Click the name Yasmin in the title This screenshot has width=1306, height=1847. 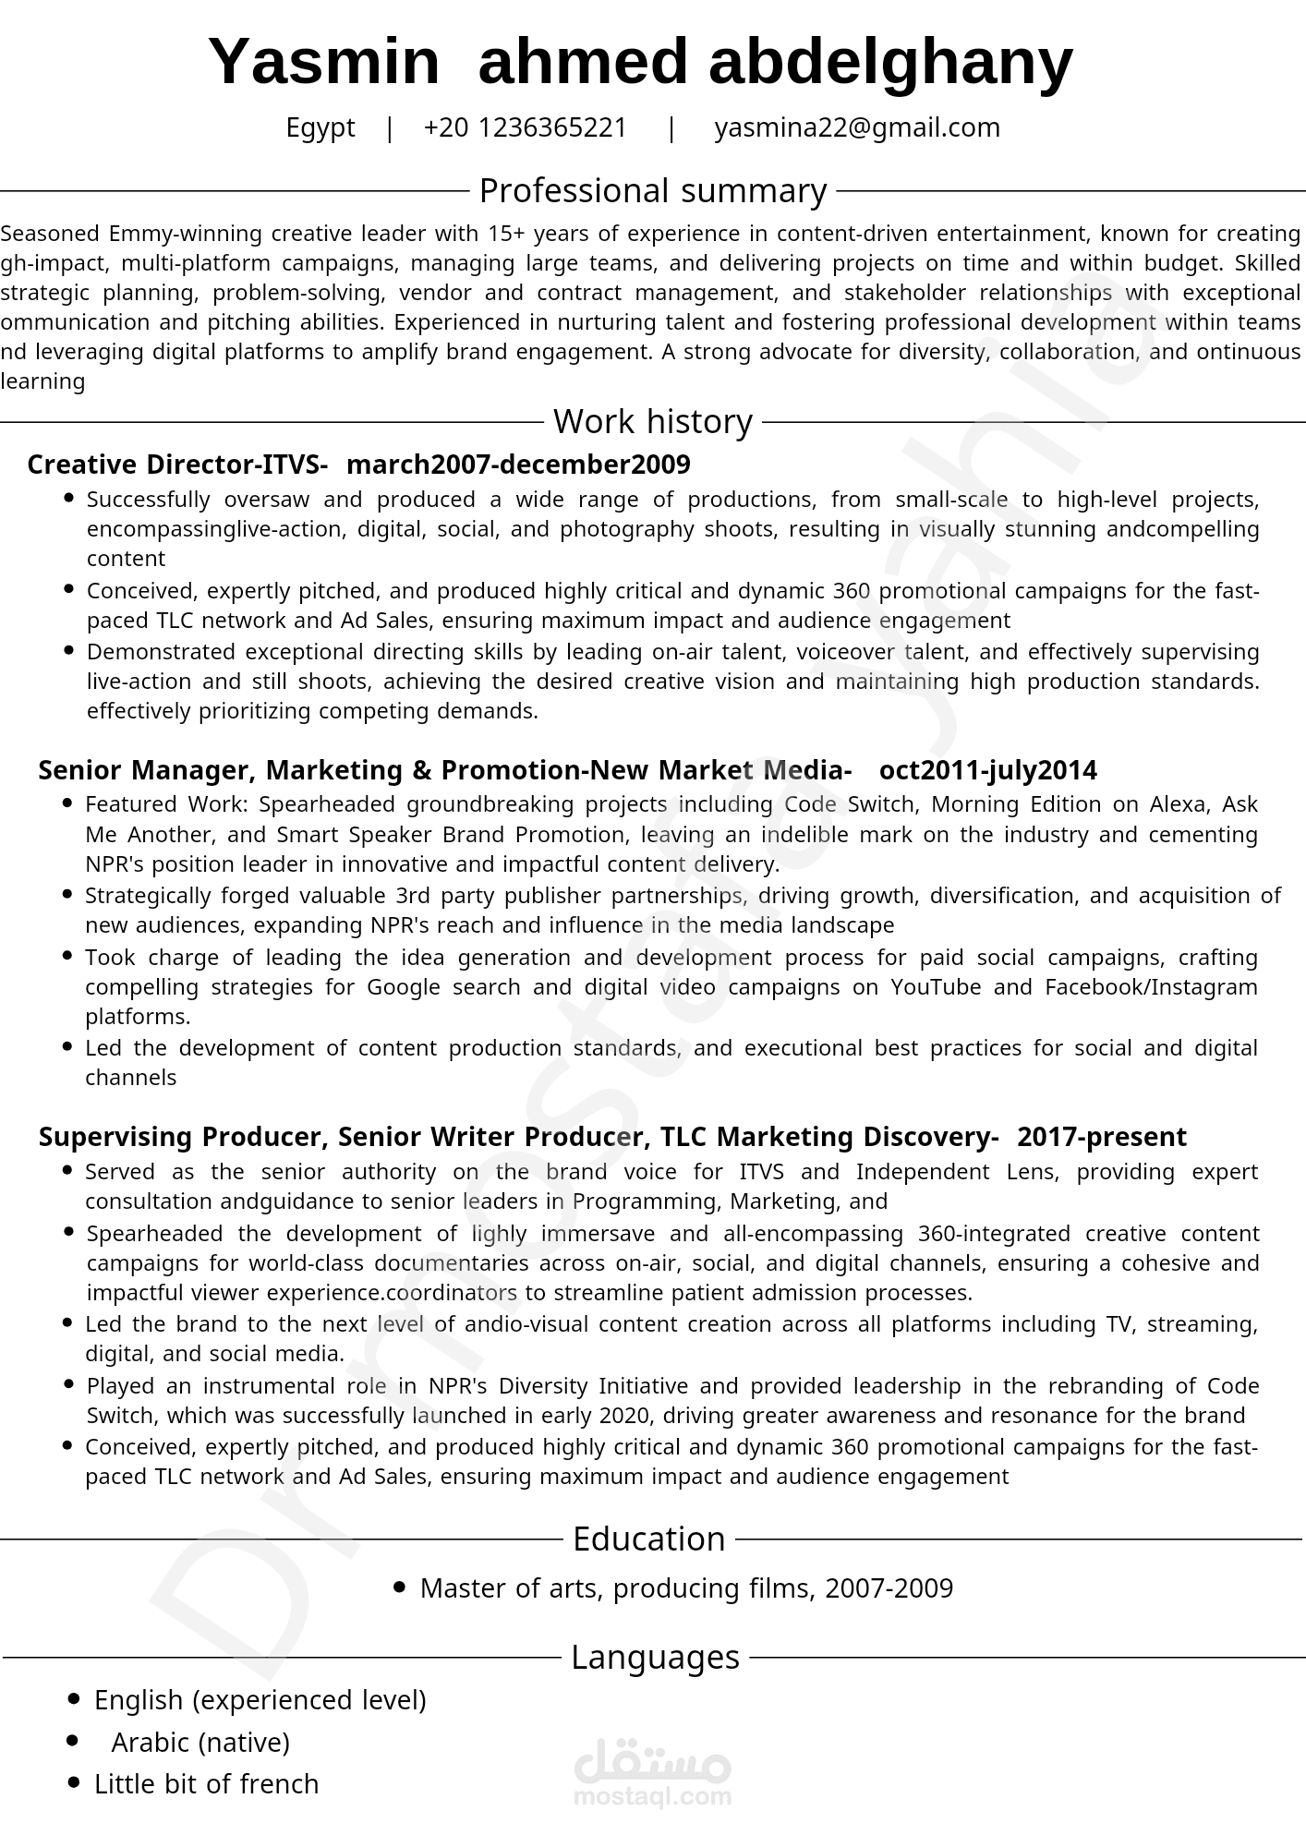pos(324,63)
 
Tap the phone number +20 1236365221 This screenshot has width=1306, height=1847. pos(525,127)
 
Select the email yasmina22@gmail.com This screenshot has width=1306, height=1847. pos(856,127)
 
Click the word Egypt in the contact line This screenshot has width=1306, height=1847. pos(320,127)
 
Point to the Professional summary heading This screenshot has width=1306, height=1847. pos(652,191)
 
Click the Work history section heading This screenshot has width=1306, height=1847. pos(652,422)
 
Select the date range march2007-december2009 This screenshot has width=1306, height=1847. pos(518,465)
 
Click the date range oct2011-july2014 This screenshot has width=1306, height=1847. pos(987,770)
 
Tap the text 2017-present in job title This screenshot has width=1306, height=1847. pos(1101,1137)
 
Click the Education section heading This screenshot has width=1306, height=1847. pos(648,1539)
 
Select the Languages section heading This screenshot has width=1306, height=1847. pos(655,1658)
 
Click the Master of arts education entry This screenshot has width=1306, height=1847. pos(685,1588)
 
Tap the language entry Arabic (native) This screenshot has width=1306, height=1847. pos(200,1743)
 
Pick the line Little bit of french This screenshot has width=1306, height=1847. pos(206,1784)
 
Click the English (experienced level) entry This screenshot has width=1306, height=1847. pos(260,1700)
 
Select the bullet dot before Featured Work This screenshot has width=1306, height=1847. pos(67,803)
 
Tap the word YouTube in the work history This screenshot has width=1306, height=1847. pos(935,987)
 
